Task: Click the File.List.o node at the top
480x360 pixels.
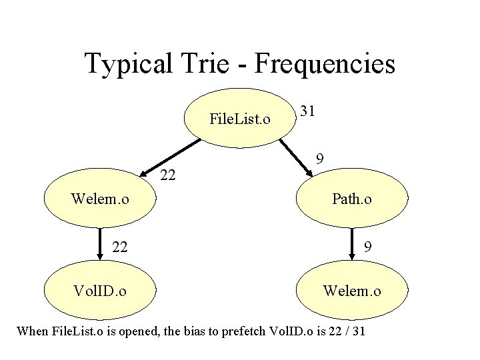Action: (x=239, y=119)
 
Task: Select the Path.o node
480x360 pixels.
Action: (x=351, y=199)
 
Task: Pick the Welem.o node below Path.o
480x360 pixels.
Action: (x=351, y=291)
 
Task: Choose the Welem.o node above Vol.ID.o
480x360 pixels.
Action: (x=100, y=199)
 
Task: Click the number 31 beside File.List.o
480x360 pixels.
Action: (x=307, y=111)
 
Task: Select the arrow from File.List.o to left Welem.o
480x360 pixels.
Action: (x=169, y=156)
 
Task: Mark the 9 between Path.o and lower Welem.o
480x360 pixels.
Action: (x=367, y=247)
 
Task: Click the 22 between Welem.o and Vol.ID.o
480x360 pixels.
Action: (x=120, y=247)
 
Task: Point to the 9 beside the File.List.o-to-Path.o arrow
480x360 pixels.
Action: (x=320, y=159)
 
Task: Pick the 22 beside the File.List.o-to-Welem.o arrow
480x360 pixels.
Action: (x=169, y=175)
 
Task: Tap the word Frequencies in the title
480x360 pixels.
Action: (x=325, y=65)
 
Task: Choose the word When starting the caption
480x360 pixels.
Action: (x=32, y=331)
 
